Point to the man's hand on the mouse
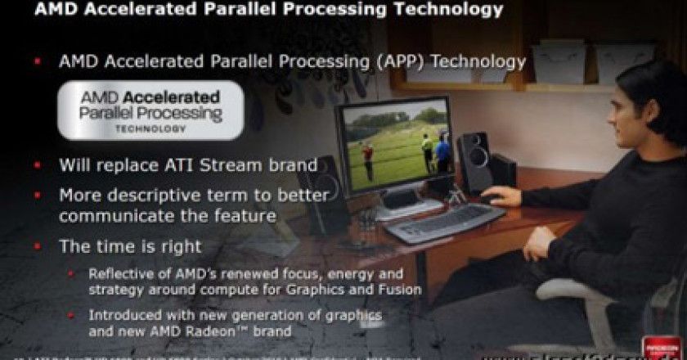[500, 196]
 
